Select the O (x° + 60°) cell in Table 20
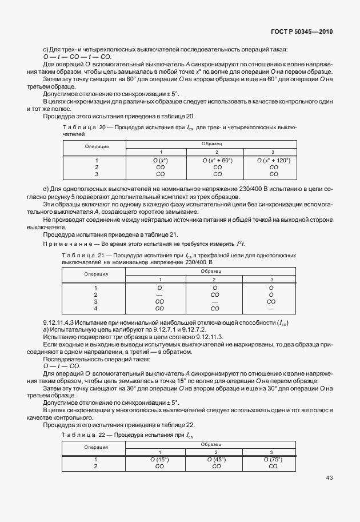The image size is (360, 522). point(217,161)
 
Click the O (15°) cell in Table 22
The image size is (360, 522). point(160,459)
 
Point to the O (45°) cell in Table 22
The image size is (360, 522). point(217,459)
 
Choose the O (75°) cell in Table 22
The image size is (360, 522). point(272,459)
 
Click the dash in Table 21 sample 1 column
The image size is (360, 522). point(160,294)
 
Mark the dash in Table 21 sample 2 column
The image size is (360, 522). point(215,301)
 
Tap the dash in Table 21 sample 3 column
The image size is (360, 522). point(271,309)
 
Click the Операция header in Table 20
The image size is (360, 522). point(97,147)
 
